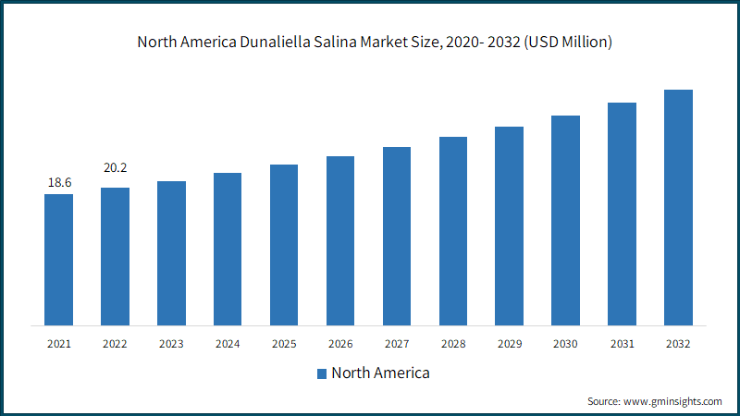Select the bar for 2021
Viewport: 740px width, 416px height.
58,260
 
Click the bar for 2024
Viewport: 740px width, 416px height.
228,249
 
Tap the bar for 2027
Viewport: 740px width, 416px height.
397,237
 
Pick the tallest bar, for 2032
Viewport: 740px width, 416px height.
678,207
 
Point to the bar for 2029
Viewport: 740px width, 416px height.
510,226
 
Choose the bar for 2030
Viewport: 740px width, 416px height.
565,221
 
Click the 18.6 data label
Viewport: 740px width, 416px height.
59,182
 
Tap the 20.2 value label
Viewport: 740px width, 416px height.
115,168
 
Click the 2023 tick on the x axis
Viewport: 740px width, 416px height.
171,344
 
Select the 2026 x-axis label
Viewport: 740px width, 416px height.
340,344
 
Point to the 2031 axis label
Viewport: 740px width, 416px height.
622,344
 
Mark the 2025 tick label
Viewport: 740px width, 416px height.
284,344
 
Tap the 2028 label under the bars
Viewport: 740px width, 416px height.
453,344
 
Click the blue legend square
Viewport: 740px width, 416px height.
322,374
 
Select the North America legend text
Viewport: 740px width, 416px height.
380,373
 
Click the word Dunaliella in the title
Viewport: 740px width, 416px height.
275,42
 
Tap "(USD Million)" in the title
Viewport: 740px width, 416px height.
568,42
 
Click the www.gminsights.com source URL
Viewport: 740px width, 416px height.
672,401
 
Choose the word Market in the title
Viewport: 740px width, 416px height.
383,42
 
